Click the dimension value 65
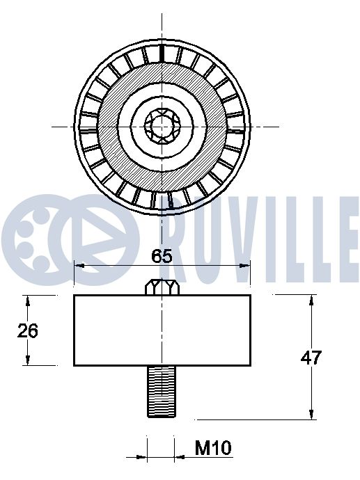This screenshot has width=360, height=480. [x=162, y=255]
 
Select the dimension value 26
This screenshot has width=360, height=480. [x=28, y=330]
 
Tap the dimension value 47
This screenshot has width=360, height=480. [x=310, y=358]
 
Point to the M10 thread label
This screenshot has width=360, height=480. [x=212, y=449]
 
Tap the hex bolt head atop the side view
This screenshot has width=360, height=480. [x=162, y=287]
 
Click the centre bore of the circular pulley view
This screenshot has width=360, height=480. [x=162, y=127]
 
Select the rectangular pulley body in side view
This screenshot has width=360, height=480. [x=162, y=330]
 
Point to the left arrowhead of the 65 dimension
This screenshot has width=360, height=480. [x=78, y=265]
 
